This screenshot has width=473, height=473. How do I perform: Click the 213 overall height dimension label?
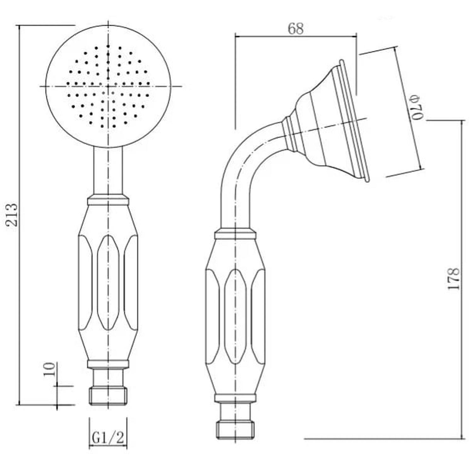(12, 215)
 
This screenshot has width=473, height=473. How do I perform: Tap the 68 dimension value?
(295, 29)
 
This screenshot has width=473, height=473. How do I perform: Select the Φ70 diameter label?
(416, 107)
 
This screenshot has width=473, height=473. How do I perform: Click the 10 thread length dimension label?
(50, 369)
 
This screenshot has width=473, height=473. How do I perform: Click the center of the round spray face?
(108, 86)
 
